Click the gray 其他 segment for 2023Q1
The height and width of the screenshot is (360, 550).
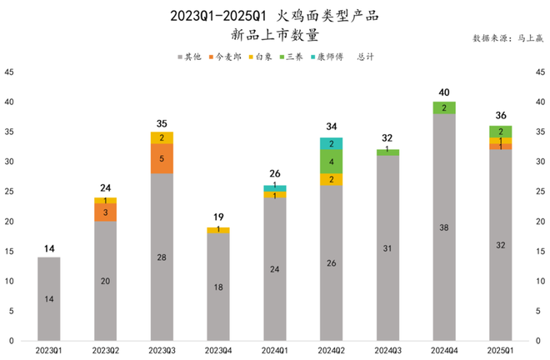tap(49, 298)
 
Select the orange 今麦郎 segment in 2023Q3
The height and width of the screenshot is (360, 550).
tap(162, 157)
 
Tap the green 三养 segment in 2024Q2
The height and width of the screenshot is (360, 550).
tap(332, 162)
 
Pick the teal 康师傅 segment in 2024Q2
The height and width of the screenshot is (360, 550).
tap(332, 143)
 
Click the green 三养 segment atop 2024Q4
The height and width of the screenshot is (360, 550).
tap(444, 107)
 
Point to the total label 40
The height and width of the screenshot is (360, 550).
tap(444, 92)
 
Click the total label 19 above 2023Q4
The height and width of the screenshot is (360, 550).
tap(218, 217)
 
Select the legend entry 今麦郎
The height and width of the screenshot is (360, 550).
tap(227, 57)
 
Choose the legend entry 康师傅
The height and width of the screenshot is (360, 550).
tap(327, 57)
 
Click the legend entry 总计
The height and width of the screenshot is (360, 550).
tap(365, 57)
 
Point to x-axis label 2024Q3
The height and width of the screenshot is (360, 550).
tap(387, 351)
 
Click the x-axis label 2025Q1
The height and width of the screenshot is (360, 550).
tap(500, 351)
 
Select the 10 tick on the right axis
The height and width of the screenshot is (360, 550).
tap(539, 281)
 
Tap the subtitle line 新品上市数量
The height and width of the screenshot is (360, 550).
tap(274, 35)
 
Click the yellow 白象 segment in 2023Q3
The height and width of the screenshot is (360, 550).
tap(162, 137)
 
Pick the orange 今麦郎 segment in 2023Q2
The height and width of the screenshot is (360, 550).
tap(106, 212)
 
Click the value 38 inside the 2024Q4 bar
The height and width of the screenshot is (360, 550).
tap(444, 227)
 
